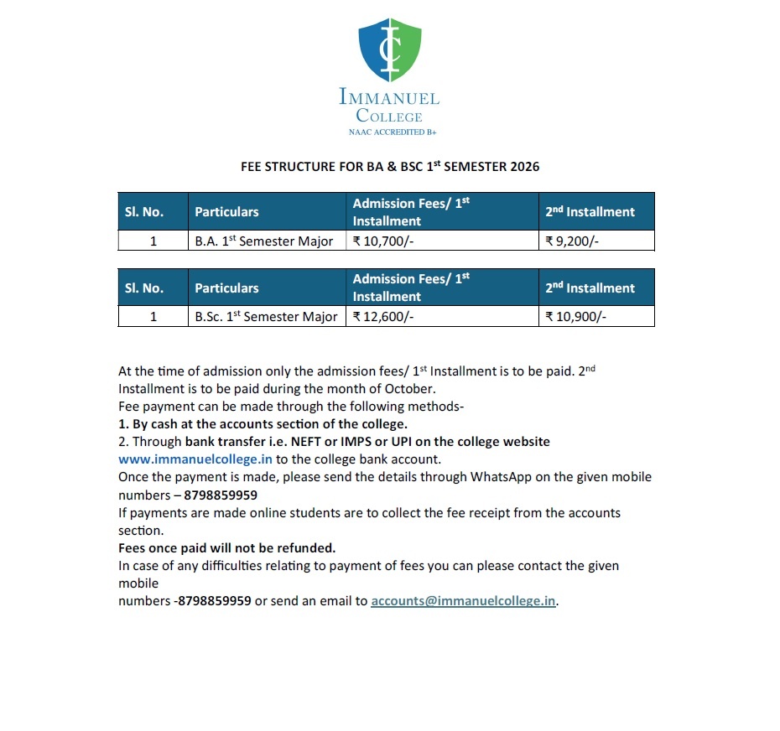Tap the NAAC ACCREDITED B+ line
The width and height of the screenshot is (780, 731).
coord(389,132)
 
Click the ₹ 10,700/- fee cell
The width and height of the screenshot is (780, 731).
coord(382,241)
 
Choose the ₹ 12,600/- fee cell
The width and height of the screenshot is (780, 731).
coord(383,317)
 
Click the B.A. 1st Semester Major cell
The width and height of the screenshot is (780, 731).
coord(264,241)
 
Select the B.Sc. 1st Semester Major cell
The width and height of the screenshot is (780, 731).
coord(266,317)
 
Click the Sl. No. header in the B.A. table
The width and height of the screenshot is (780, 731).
coord(143,212)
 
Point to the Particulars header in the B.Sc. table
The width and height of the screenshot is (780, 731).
coord(226,288)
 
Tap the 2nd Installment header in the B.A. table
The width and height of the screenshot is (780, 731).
coord(590,212)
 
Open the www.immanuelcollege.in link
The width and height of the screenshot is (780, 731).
coord(195,459)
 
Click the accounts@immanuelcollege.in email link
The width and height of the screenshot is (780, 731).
coord(463,601)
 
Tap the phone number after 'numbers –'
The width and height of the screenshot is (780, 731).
coord(222,495)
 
